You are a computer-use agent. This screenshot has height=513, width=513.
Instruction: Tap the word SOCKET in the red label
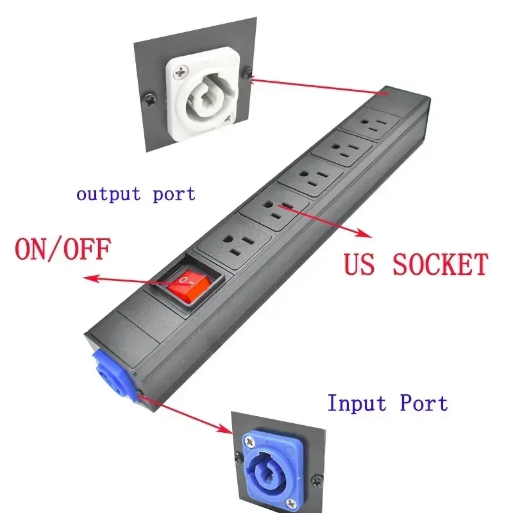441,264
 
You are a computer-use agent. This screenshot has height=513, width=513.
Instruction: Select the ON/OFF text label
63,249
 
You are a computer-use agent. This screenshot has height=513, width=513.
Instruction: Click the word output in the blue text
108,194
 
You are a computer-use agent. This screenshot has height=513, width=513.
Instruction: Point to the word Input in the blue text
357,403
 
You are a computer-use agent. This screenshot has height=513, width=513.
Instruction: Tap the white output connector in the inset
203,94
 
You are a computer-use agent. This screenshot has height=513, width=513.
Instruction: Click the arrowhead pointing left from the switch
90,278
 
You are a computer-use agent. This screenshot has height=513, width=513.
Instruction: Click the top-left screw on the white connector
181,72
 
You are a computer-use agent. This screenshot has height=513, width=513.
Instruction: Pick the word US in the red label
359,264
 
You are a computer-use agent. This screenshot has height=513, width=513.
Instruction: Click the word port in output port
174,194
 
